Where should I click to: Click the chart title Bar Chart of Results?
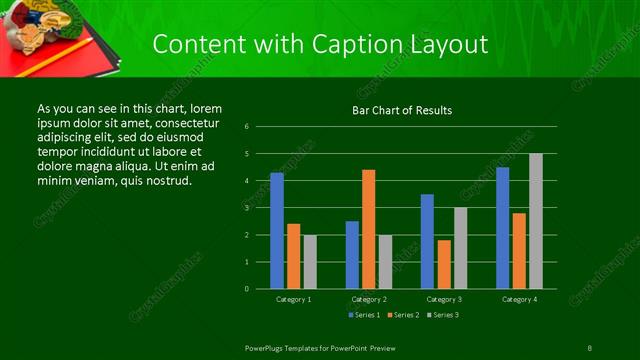[x=402, y=110]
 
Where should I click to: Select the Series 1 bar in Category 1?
[x=277, y=230]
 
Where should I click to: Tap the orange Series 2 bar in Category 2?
[x=368, y=229]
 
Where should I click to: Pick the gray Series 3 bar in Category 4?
[x=536, y=221]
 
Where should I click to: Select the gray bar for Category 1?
[x=310, y=261]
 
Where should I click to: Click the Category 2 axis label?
[x=369, y=299]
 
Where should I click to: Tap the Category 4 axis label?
[x=519, y=299]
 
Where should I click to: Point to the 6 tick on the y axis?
[x=247, y=127]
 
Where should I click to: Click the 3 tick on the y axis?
[x=247, y=208]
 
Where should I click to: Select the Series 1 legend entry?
[x=365, y=315]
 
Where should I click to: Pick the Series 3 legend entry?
[x=445, y=315]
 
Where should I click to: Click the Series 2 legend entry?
[x=405, y=315]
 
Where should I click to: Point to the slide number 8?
[x=589, y=347]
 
